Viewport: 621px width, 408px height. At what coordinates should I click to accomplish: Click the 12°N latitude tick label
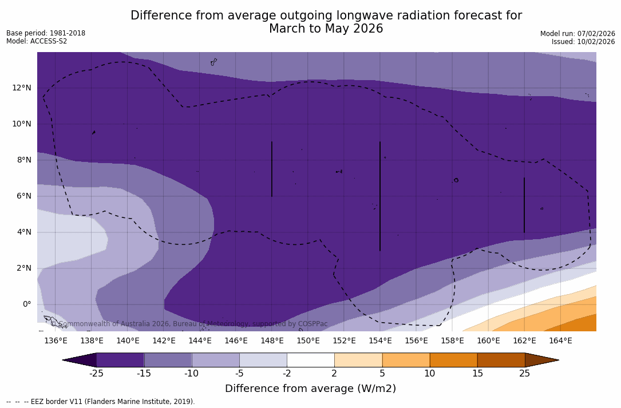tap(21, 88)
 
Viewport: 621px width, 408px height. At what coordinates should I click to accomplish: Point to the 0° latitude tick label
tap(26, 304)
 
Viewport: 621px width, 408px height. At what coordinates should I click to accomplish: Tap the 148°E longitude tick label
tap(272, 341)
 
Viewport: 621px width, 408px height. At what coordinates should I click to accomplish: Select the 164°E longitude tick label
tap(560, 341)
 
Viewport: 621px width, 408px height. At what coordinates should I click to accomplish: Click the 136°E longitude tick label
tap(56, 341)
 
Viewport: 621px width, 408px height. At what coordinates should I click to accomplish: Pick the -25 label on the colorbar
tap(96, 374)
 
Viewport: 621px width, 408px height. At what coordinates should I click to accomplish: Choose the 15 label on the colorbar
tap(477, 374)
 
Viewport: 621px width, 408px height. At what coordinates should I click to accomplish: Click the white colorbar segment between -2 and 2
tap(310, 360)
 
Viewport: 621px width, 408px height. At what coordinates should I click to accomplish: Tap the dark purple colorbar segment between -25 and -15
tap(120, 360)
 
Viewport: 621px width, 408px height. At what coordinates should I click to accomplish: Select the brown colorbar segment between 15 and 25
tap(501, 360)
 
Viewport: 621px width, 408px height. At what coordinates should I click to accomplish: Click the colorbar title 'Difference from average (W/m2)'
tap(310, 389)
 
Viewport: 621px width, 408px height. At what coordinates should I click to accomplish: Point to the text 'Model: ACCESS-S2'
tap(37, 41)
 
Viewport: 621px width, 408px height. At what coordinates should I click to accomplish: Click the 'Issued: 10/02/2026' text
tap(583, 42)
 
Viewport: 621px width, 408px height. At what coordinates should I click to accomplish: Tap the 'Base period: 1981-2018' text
tap(46, 33)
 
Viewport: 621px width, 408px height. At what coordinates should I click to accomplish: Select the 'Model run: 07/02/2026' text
tap(578, 34)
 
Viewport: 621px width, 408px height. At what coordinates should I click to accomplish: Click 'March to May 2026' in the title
tap(326, 29)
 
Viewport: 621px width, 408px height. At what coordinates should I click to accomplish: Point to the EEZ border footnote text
tap(100, 402)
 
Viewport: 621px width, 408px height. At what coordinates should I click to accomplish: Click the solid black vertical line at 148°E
tap(272, 169)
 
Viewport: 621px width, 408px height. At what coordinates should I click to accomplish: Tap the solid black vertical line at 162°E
tap(524, 205)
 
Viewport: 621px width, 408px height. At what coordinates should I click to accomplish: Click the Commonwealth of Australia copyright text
tap(189, 324)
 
